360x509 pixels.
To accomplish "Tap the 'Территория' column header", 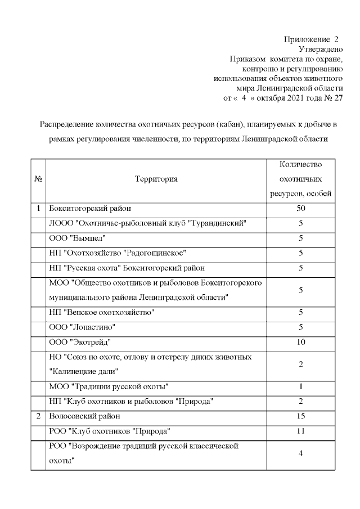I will [x=156, y=179].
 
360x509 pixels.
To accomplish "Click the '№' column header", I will [x=38, y=179].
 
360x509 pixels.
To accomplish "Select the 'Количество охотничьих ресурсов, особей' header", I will [x=300, y=179].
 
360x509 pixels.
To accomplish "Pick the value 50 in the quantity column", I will [x=300, y=209].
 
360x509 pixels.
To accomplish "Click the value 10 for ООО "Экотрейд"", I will [x=300, y=341].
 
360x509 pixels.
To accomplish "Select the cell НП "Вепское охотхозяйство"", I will [x=102, y=312].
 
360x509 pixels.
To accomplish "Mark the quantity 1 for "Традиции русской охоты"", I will [x=300, y=386].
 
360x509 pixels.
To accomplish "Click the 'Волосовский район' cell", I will [x=84, y=416].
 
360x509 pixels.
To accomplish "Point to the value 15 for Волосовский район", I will [x=300, y=416].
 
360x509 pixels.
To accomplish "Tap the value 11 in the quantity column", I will [x=300, y=430].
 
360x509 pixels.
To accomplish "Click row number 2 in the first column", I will [x=38, y=416].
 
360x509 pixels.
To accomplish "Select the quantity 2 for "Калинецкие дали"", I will [x=300, y=364].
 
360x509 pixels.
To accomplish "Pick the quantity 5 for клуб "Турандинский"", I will [x=300, y=223].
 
